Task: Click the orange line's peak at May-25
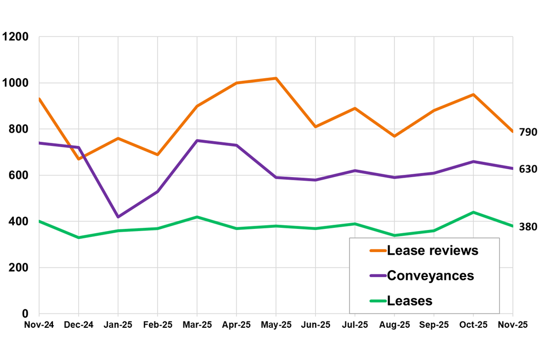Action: (276, 78)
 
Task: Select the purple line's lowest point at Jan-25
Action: (118, 217)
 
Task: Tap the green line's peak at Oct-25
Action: (473, 213)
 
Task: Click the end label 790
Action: (528, 132)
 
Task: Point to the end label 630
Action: (528, 169)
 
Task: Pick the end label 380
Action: (528, 227)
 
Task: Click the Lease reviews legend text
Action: (433, 251)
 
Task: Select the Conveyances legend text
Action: (430, 275)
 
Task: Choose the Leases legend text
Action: (410, 301)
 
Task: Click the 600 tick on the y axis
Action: (19, 176)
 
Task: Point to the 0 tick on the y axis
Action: (25, 314)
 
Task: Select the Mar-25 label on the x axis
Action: (197, 325)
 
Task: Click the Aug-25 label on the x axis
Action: (394, 325)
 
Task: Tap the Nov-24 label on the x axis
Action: (39, 325)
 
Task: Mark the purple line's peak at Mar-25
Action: (197, 141)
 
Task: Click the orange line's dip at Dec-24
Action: (79, 159)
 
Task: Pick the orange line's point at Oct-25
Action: (473, 95)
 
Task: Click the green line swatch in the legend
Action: (377, 301)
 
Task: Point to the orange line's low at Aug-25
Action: (394, 136)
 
